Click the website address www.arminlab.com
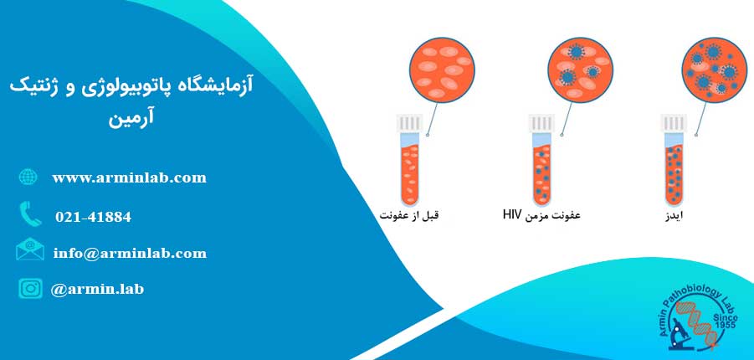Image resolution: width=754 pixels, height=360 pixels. coord(130,178)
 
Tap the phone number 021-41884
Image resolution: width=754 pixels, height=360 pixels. coord(93,217)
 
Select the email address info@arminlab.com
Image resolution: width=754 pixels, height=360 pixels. coord(130,253)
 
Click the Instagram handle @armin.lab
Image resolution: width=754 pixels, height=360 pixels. coord(97,289)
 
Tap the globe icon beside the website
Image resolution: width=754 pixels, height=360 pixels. coord(28,177)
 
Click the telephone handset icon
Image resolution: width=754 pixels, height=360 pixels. coord(31,213)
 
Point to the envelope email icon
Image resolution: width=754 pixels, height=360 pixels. coord(30,249)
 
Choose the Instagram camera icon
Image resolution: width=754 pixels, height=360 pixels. coord(30,288)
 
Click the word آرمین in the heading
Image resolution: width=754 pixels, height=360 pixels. coord(131,119)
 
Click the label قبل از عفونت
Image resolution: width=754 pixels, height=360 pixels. coord(409,215)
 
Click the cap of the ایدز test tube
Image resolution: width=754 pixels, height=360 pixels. coord(674,123)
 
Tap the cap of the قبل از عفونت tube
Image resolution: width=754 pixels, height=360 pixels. coord(409,123)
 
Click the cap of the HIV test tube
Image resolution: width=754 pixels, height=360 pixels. coord(541,123)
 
